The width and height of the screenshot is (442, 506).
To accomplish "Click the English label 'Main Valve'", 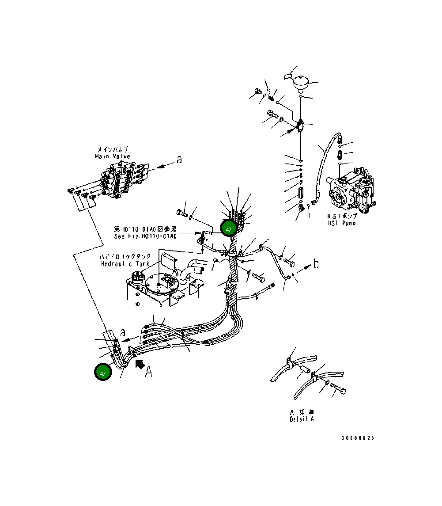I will coord(112,156).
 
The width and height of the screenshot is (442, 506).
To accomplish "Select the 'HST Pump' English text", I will coord(341,223).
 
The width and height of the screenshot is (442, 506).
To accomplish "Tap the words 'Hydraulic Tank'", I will coord(125,263).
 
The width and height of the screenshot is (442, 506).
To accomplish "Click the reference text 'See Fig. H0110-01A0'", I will coord(145,236).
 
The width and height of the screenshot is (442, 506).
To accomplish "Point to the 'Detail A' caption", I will coord(302,419).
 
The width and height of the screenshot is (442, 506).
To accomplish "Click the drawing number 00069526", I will coord(357,438).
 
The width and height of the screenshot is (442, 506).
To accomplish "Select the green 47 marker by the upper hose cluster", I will coord(229,229).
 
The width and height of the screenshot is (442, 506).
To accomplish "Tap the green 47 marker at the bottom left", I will coord(103,373).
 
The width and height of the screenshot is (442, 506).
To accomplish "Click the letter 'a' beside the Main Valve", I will coord(179,160).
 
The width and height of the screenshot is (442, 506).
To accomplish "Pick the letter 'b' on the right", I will coord(316,265).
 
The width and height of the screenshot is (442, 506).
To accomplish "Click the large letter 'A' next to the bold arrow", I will coord(149,373).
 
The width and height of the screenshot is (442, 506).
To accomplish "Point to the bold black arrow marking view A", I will coord(140,363).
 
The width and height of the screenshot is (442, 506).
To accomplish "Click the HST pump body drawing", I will coord(353,192).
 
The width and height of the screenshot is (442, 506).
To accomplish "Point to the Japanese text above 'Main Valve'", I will coord(112,150).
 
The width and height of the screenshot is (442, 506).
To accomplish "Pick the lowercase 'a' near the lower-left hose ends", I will coord(123,332).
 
